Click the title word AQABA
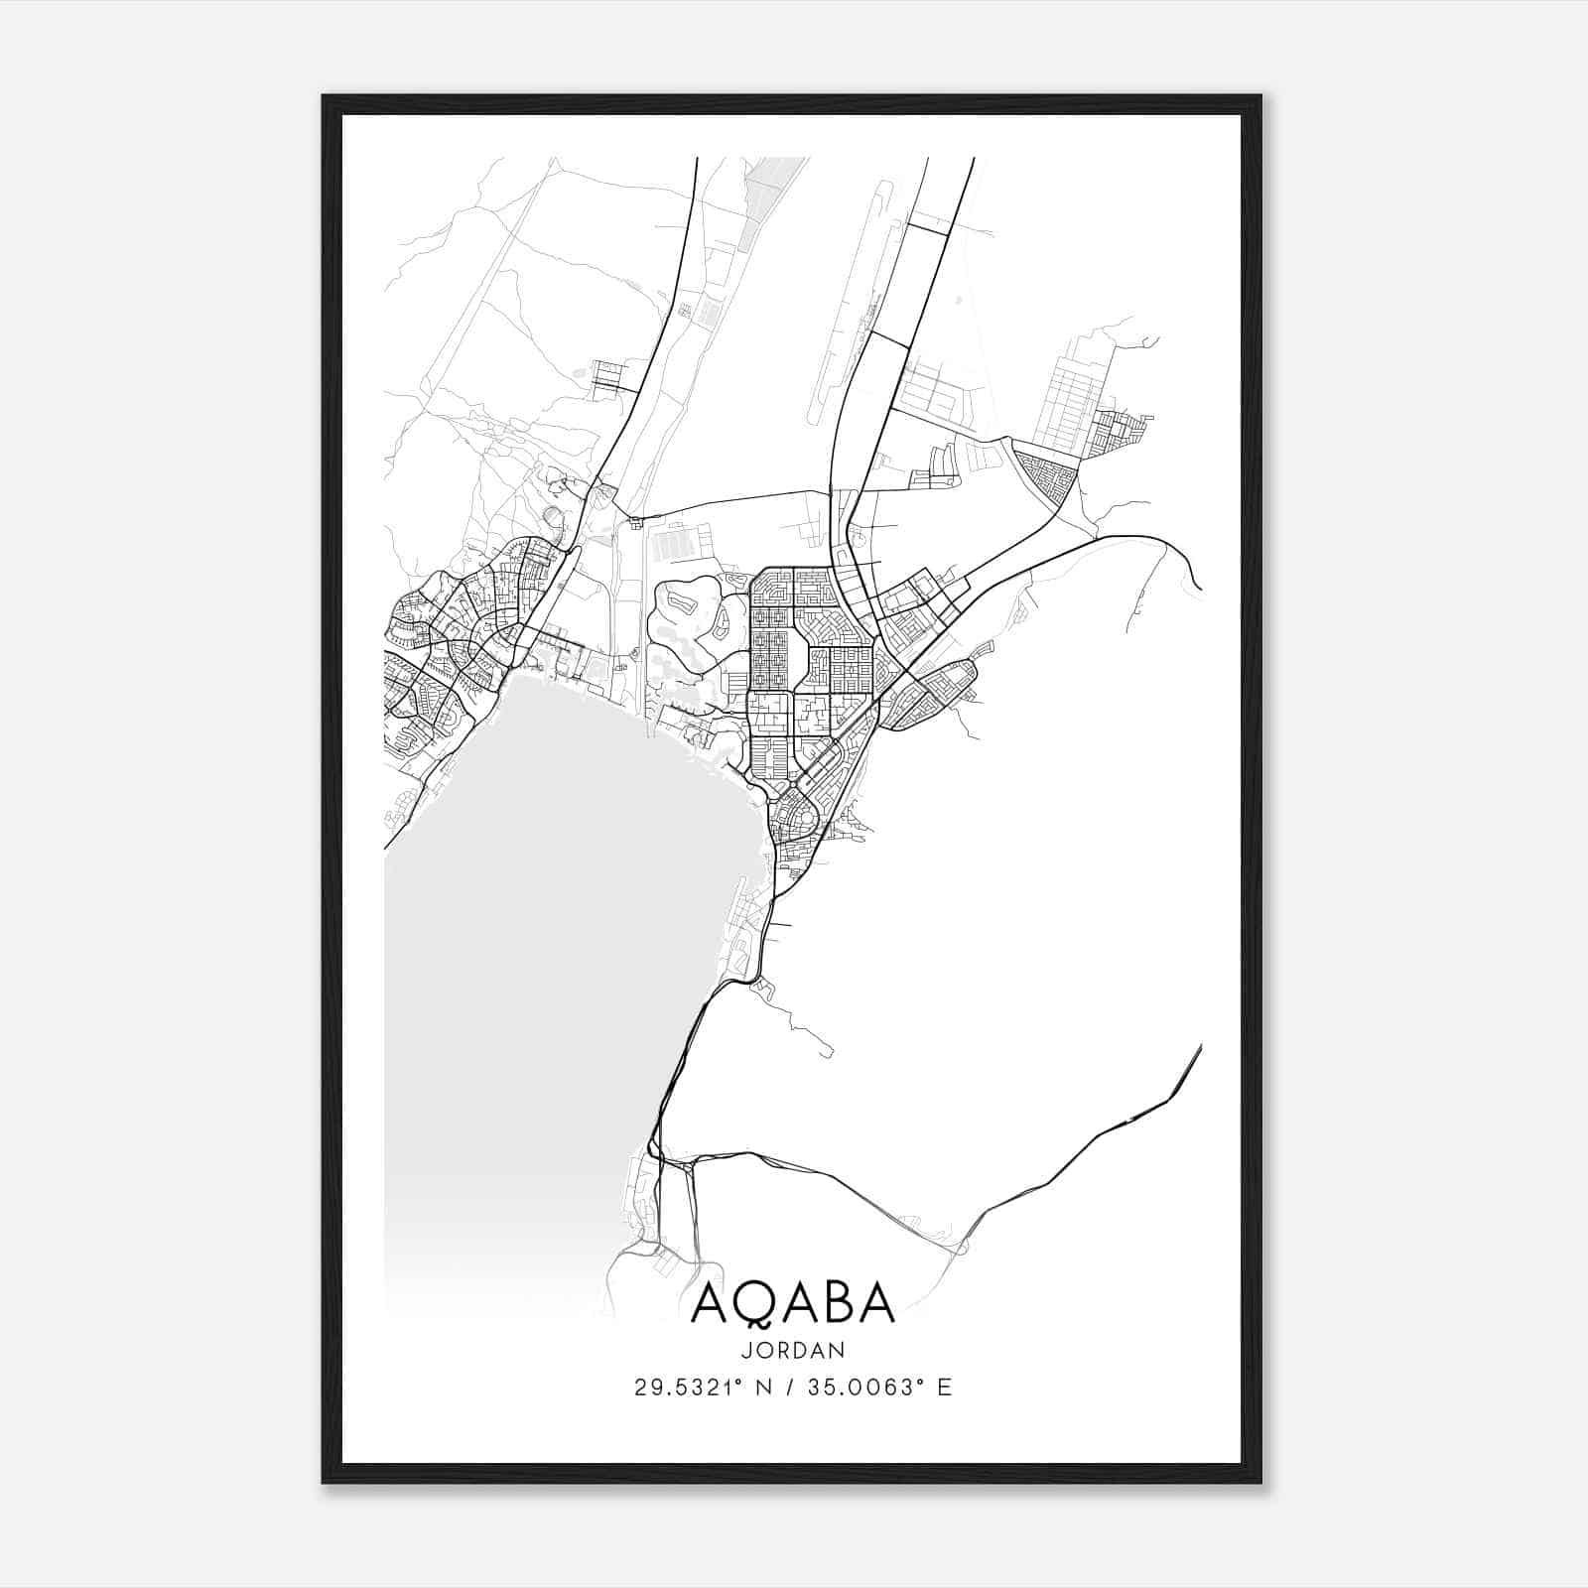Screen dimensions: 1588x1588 click(x=793, y=1303)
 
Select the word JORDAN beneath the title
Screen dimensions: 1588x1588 click(x=793, y=1351)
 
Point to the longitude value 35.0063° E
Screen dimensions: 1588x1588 click(x=879, y=1388)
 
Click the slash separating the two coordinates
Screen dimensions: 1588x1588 click(x=791, y=1388)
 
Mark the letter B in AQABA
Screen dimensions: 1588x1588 click(x=833, y=1303)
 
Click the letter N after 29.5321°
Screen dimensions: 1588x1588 click(x=765, y=1388)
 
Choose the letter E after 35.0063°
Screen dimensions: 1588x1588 click(x=944, y=1388)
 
